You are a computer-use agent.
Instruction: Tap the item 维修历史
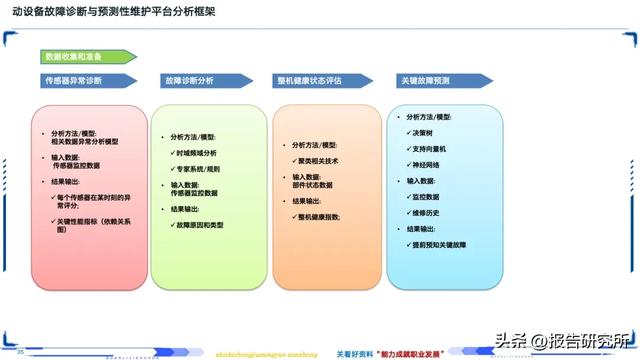(427, 212)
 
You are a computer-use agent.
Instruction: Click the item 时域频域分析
(197, 152)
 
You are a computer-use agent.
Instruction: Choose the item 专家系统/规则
(200, 168)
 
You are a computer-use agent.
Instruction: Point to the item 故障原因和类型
(200, 225)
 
